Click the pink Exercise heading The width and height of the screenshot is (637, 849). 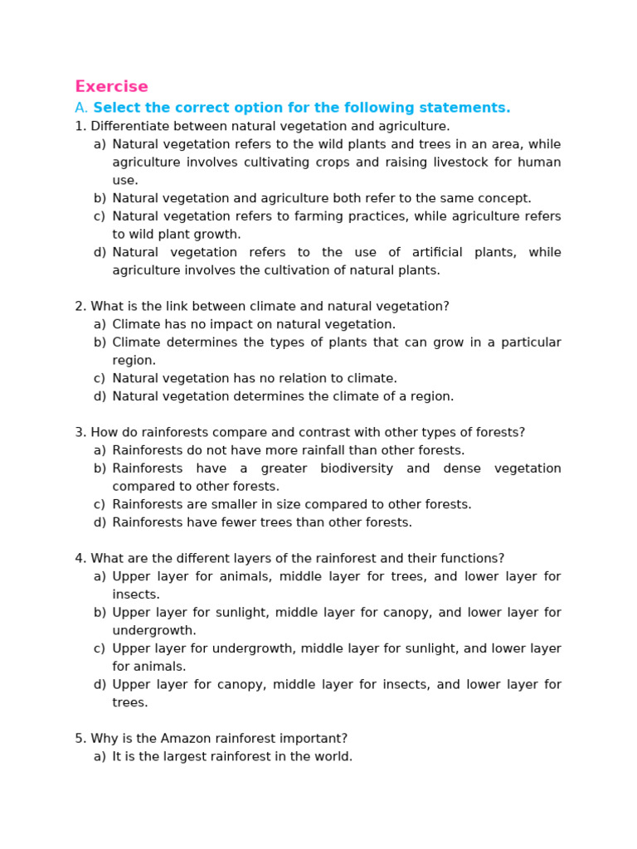(x=111, y=87)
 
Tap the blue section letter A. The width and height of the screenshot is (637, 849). (x=80, y=109)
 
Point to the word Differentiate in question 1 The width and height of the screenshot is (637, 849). (x=127, y=127)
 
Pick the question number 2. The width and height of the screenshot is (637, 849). (x=80, y=307)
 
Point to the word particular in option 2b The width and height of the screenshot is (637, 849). (x=531, y=343)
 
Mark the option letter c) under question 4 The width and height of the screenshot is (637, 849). (x=100, y=649)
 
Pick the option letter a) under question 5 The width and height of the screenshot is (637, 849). (x=100, y=757)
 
